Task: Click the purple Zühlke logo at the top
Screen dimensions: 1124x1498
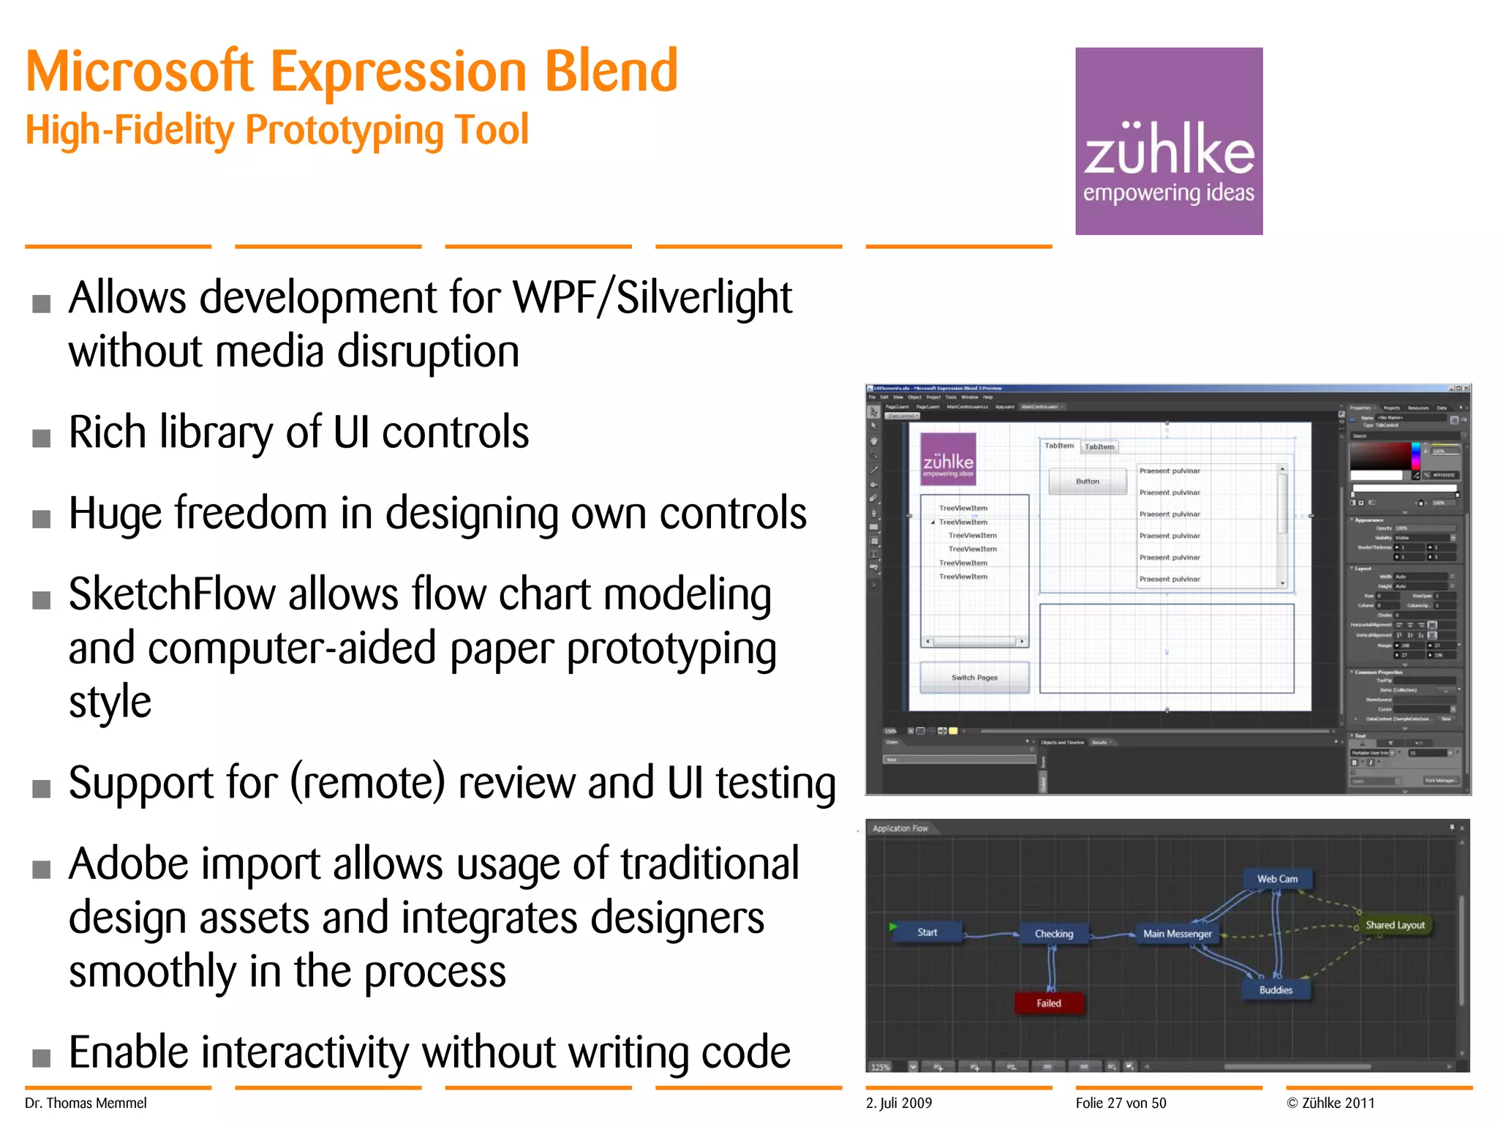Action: click(x=1168, y=141)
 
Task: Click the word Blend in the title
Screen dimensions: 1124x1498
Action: click(x=611, y=72)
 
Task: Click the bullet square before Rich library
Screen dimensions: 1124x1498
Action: click(x=42, y=438)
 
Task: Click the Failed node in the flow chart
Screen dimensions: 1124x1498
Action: click(x=1048, y=1003)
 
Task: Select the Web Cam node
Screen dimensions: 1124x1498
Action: click(x=1277, y=879)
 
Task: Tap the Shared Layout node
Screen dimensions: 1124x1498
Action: click(x=1394, y=926)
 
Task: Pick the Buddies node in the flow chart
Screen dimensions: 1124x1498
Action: click(x=1276, y=990)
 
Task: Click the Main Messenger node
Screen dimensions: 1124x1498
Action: click(x=1177, y=934)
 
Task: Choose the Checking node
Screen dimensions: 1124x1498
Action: click(x=1053, y=934)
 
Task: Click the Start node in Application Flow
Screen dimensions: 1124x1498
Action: click(x=927, y=932)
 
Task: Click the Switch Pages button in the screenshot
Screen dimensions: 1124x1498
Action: click(x=974, y=678)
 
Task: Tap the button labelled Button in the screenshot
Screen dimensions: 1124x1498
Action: click(x=1087, y=482)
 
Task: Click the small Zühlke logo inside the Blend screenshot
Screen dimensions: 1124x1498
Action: click(x=948, y=460)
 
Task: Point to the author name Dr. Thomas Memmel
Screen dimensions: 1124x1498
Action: click(x=86, y=1103)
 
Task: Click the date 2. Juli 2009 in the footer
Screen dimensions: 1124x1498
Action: click(x=899, y=1103)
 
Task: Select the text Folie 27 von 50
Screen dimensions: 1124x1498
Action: click(x=1121, y=1103)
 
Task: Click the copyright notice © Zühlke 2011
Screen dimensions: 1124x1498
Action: click(x=1330, y=1103)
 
